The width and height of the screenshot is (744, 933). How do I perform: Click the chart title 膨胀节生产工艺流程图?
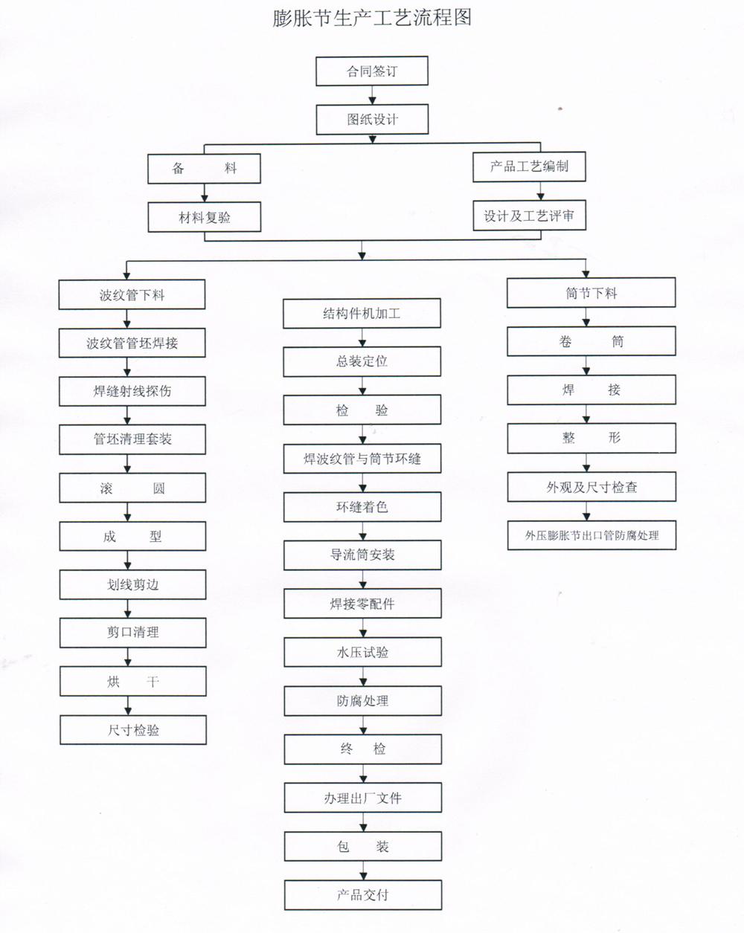372,18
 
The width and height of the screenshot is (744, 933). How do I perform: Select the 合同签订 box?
372,71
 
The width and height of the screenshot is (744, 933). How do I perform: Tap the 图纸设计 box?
372,119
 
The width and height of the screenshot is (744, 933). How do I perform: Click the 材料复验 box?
205,217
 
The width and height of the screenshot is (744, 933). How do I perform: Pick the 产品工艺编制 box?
529,167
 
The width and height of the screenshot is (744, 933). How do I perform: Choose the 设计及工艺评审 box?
529,216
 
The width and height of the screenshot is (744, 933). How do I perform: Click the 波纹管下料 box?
132,295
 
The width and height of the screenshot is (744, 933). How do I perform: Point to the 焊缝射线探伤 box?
132,391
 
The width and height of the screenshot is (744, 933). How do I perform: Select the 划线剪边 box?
132,584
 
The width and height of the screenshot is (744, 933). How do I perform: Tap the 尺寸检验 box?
133,730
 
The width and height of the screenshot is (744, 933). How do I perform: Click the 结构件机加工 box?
362,314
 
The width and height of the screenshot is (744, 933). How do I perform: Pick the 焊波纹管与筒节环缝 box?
362,459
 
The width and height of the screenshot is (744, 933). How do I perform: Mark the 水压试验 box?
362,652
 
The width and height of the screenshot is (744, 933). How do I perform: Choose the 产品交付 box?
362,895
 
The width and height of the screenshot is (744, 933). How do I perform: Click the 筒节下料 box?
591,293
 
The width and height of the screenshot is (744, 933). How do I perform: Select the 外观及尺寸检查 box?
591,487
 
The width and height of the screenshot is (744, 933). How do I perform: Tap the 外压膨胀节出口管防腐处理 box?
591,535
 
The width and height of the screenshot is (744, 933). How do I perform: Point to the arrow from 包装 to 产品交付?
363,871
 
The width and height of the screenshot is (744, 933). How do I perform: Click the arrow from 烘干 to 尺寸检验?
128,706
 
